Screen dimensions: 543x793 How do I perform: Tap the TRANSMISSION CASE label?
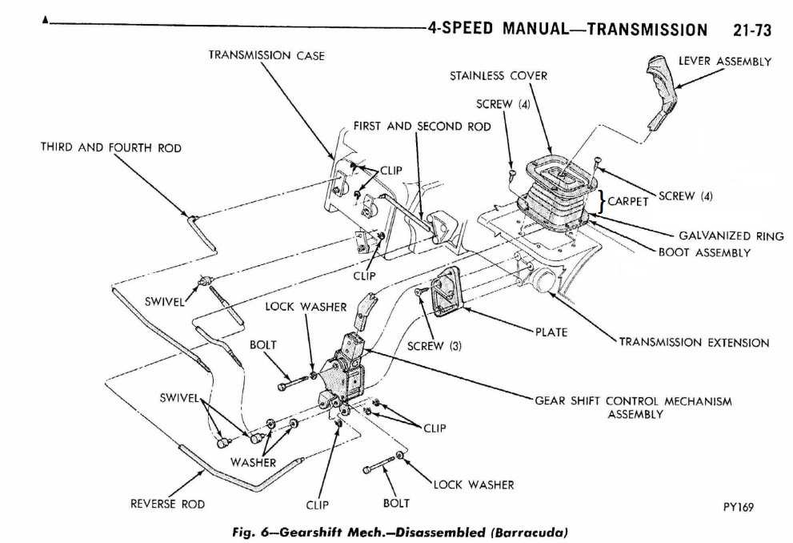click(x=266, y=55)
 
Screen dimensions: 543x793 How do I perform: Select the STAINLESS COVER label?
click(x=498, y=76)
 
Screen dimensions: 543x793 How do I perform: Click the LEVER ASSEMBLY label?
click(x=724, y=62)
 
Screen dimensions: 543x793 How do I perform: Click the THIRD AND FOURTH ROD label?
click(x=110, y=148)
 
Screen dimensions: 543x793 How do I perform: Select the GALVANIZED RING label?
click(x=726, y=236)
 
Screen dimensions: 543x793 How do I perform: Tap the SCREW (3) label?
click(x=435, y=346)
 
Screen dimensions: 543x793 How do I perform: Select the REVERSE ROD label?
click(x=167, y=504)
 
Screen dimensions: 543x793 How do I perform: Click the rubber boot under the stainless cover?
click(x=560, y=203)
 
